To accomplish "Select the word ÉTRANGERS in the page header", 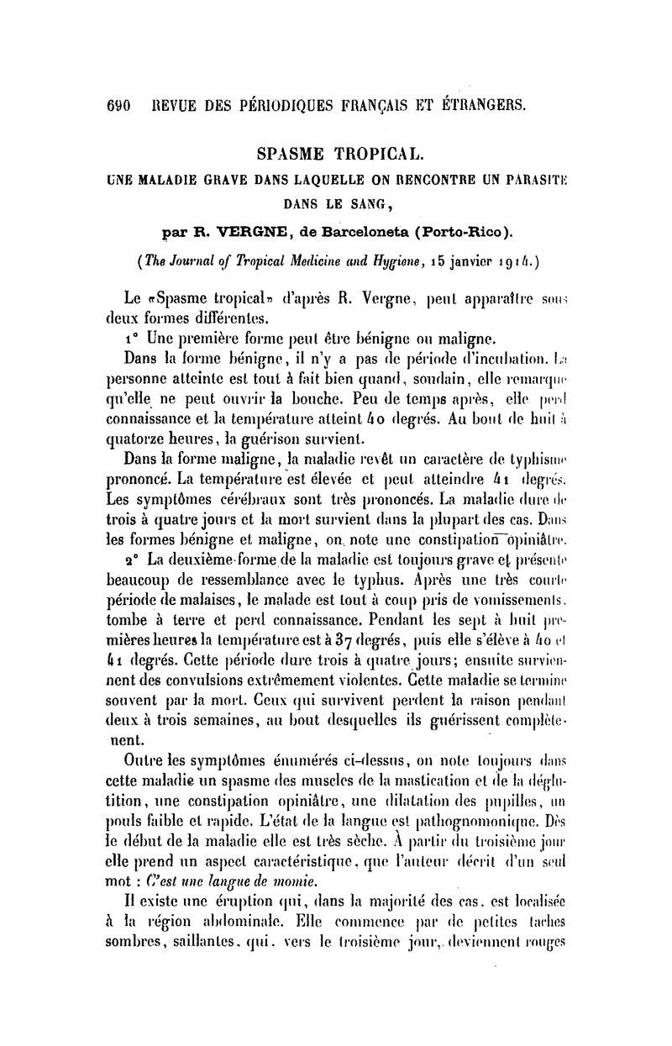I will [x=479, y=107].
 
